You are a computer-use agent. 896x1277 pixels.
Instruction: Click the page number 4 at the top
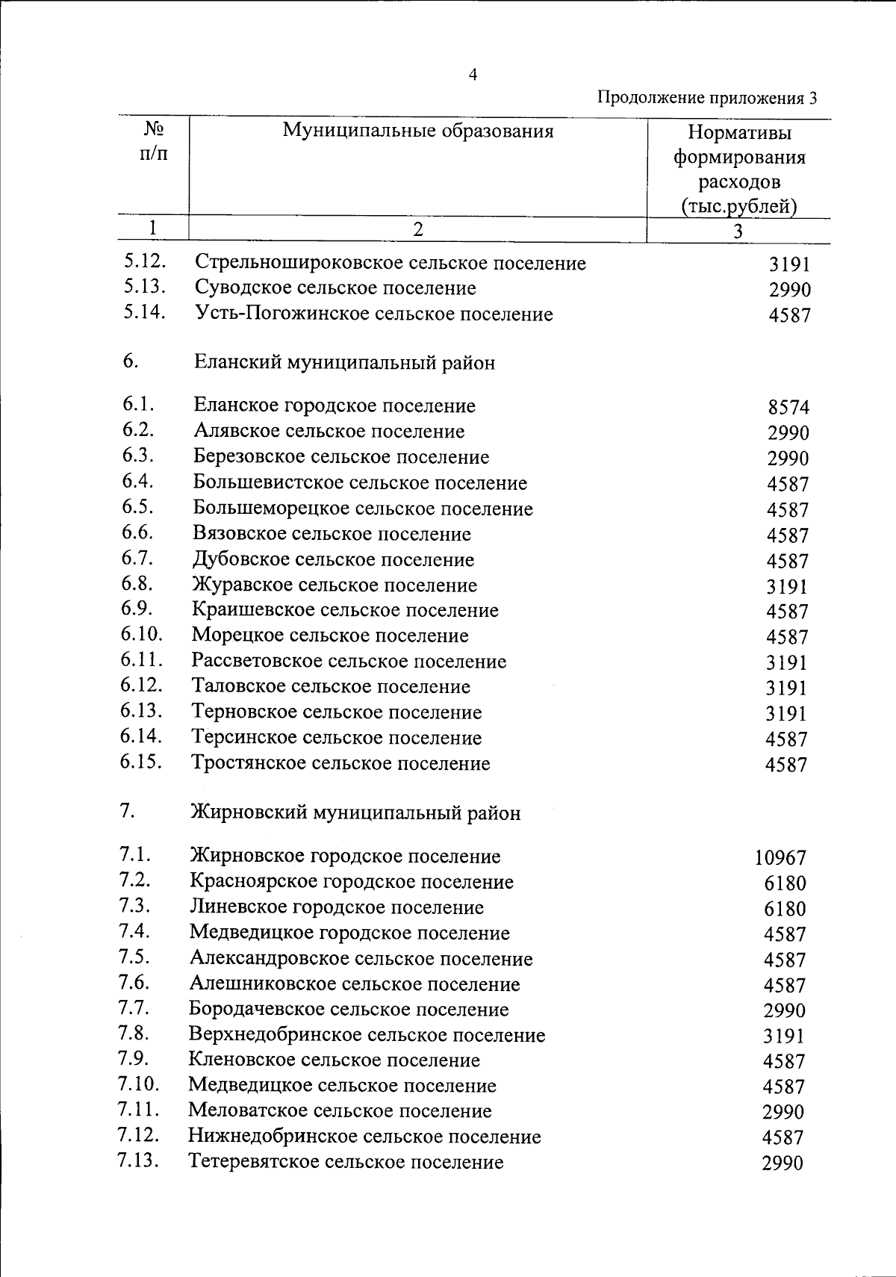click(472, 75)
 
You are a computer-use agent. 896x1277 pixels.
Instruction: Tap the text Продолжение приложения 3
click(707, 98)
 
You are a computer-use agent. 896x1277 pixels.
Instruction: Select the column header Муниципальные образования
click(418, 131)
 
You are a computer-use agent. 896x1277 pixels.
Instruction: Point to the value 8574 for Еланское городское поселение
click(788, 408)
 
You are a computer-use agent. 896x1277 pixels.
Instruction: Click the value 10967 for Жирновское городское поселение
click(780, 858)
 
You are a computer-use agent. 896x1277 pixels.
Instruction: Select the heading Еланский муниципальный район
click(344, 363)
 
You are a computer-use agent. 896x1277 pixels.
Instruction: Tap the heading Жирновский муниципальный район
click(355, 813)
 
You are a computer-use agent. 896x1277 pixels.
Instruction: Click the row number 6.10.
click(141, 635)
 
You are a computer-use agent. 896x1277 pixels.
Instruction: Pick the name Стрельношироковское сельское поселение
click(390, 263)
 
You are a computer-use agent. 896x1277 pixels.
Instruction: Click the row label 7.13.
click(139, 1161)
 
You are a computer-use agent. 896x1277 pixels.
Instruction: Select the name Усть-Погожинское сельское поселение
click(374, 314)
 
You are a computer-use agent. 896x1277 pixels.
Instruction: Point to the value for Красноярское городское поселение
click(785, 883)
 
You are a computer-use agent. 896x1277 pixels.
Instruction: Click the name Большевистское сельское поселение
click(360, 483)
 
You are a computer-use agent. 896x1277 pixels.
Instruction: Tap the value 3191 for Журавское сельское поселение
click(787, 586)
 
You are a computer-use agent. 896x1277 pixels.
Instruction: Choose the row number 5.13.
click(145, 288)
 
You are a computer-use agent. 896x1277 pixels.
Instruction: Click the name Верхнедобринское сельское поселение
click(367, 1035)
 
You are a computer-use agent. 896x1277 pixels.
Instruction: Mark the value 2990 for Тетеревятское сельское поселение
click(783, 1163)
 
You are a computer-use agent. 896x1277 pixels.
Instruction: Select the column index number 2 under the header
click(417, 229)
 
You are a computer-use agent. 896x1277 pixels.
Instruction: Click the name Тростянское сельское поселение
click(340, 763)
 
